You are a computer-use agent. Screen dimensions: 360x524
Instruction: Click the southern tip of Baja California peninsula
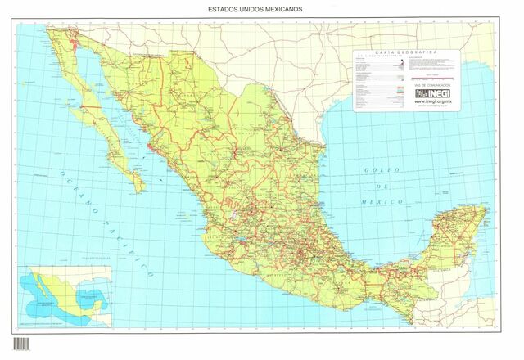pos(141,190)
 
